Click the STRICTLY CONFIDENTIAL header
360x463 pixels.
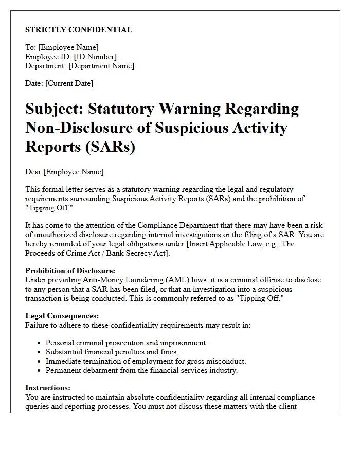click(79, 30)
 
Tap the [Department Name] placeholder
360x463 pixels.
click(101, 66)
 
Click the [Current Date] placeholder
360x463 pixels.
click(69, 83)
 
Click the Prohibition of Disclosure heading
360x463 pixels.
click(70, 271)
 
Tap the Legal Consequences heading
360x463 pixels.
click(62, 316)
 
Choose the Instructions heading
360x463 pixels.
click(48, 388)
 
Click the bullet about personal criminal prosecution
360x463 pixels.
click(127, 343)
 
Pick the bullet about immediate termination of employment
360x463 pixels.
click(146, 361)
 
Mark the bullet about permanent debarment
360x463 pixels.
click(141, 370)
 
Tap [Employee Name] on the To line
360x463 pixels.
click(68, 47)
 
